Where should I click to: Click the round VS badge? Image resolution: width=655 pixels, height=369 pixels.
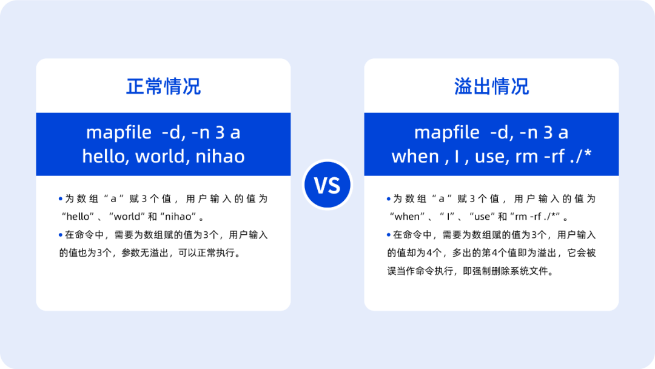tap(327, 184)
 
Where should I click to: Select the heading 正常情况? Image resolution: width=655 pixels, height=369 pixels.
tap(163, 87)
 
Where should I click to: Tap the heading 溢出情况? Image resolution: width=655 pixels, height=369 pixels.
tap(491, 87)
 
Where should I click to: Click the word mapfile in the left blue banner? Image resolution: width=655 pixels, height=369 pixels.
tap(119, 132)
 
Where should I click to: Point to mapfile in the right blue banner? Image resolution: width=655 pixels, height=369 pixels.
tap(446, 132)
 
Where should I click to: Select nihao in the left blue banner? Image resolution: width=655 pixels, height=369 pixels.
tap(220, 157)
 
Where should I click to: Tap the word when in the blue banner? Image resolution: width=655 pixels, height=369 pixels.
tap(415, 157)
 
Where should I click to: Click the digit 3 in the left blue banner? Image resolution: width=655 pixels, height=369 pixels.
tap(220, 132)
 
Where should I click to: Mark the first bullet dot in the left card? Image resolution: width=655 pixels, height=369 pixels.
tap(61, 199)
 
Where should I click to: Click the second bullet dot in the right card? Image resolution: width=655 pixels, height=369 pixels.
tap(389, 235)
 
